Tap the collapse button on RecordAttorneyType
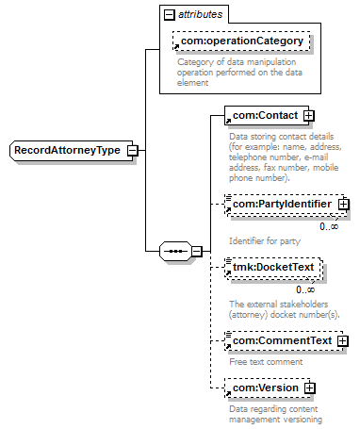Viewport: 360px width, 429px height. pos(133,151)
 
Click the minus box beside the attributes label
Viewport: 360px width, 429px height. pos(170,15)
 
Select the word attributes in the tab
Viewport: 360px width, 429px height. pos(201,14)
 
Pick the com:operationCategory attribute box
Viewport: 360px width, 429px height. pos(241,41)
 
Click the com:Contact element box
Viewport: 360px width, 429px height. pos(267,115)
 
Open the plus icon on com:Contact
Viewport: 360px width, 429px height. pos(309,116)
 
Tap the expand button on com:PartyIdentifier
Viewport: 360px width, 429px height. pos(344,205)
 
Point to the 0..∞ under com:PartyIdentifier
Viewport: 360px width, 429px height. pos(329,226)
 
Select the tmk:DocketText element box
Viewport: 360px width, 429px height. pos(273,268)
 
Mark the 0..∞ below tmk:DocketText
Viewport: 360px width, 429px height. pos(305,289)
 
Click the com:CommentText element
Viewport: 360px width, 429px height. pos(284,340)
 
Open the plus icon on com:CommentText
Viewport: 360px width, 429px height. pos(343,341)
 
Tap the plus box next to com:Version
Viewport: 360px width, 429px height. pos(309,388)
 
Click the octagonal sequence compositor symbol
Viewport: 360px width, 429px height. pos(175,251)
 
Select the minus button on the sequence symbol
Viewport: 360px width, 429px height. pos(197,251)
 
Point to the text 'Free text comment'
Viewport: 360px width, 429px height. pos(266,362)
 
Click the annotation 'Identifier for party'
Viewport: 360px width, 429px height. pos(265,241)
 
